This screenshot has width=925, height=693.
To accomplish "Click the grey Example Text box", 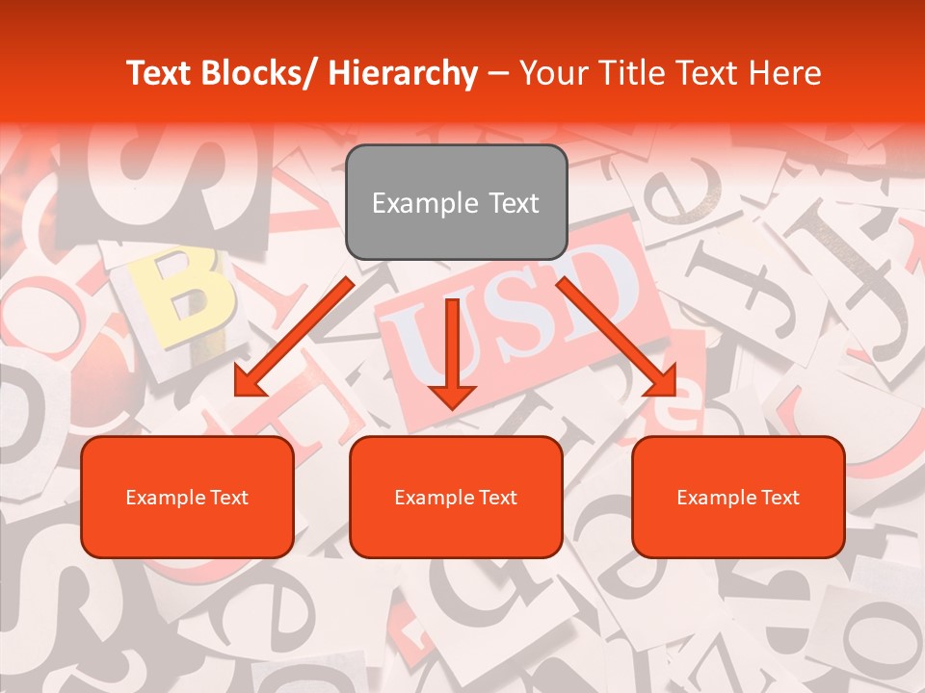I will point(456,202).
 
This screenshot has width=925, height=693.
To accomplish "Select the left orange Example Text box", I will point(187,497).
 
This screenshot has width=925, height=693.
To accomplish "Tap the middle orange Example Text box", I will point(456,497).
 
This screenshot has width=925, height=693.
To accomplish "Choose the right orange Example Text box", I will point(738,497).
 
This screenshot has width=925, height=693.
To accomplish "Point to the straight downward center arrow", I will point(452,351).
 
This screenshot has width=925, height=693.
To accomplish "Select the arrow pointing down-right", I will point(617,337).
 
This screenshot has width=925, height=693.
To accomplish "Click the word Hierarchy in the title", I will point(403,74).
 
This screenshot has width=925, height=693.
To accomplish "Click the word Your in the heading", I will point(550,74).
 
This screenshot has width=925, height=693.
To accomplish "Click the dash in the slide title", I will point(498,74).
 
